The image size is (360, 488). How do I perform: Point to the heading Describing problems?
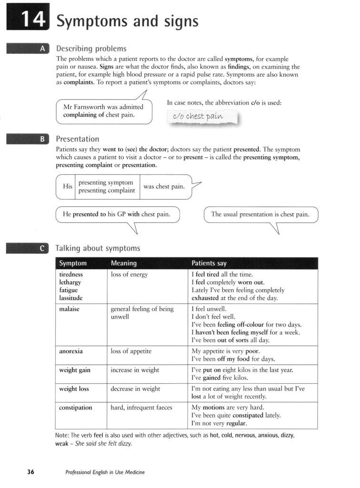click(x=91, y=49)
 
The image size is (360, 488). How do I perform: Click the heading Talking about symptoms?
click(x=98, y=248)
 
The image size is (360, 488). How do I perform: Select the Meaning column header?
click(x=124, y=263)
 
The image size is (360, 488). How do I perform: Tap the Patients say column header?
click(x=209, y=263)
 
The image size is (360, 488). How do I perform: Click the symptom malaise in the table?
click(x=69, y=309)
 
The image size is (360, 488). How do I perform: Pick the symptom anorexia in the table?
click(x=71, y=351)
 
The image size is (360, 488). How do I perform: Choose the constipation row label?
click(x=76, y=408)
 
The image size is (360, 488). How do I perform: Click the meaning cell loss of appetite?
click(x=131, y=351)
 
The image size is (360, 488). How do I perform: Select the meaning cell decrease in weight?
click(x=135, y=389)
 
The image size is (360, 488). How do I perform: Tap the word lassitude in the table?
click(x=71, y=298)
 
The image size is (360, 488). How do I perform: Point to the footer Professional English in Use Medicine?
click(x=105, y=472)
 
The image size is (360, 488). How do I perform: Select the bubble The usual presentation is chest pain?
click(x=260, y=214)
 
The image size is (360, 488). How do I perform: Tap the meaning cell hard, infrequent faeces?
click(x=141, y=408)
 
